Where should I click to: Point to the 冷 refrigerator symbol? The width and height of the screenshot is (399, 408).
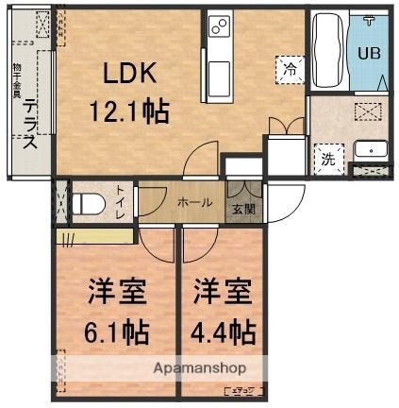pos(289,67)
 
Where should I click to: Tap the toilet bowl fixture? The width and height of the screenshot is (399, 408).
pos(88,202)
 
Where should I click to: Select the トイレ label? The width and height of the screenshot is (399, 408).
pos(121,201)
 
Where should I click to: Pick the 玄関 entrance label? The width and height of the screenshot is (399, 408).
pos(243,210)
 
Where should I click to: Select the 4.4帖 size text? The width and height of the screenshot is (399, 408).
pos(224,332)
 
